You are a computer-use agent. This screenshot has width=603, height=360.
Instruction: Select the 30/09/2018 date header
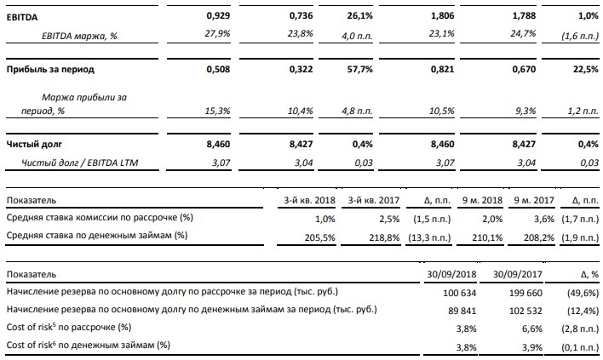click(x=448, y=275)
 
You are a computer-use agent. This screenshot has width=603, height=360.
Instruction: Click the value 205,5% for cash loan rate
click(x=319, y=235)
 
